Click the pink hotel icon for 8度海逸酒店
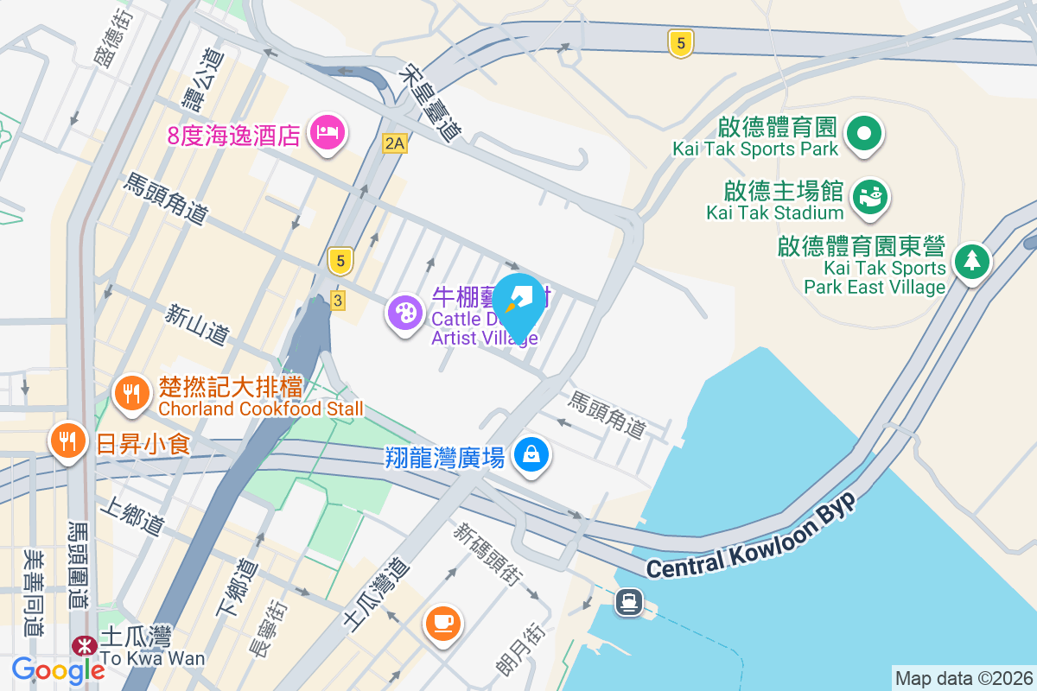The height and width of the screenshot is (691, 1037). point(328,133)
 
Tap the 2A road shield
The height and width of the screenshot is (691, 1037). point(394,143)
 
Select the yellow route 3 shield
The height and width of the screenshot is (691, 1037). point(338,300)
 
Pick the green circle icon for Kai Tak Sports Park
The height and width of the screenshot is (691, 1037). point(863,134)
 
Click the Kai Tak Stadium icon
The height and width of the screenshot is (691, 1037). point(868,196)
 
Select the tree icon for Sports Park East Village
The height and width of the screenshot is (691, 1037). point(972,260)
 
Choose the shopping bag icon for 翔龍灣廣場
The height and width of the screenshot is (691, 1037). point(531,453)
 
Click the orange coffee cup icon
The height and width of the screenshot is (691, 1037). point(443,622)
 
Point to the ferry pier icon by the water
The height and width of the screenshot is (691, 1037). point(629,602)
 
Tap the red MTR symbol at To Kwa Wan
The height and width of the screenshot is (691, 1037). point(85,645)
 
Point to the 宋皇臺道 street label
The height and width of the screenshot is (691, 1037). point(430,104)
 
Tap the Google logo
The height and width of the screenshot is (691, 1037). point(58,669)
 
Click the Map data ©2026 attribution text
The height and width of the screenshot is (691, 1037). point(963,678)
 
